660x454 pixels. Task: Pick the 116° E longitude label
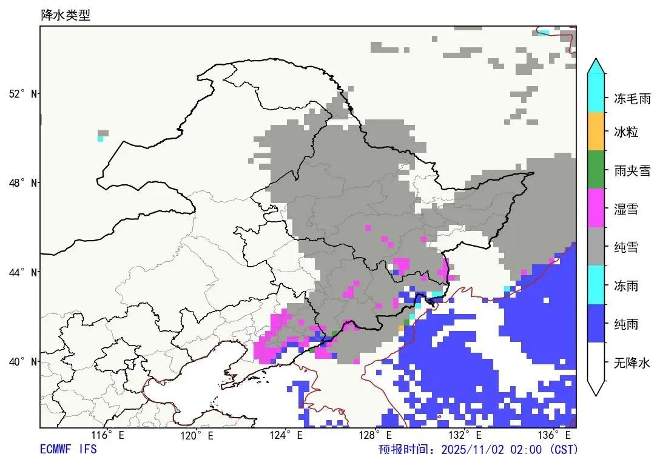(x=107, y=435)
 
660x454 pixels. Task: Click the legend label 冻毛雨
(x=632, y=99)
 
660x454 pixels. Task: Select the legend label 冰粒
(x=626, y=132)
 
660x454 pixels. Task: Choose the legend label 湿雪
(x=626, y=210)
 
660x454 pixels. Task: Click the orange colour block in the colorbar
(x=596, y=131)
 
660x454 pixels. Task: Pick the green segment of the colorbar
(x=596, y=169)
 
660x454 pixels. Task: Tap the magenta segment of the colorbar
(x=596, y=208)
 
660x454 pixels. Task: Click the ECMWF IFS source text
(x=68, y=449)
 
